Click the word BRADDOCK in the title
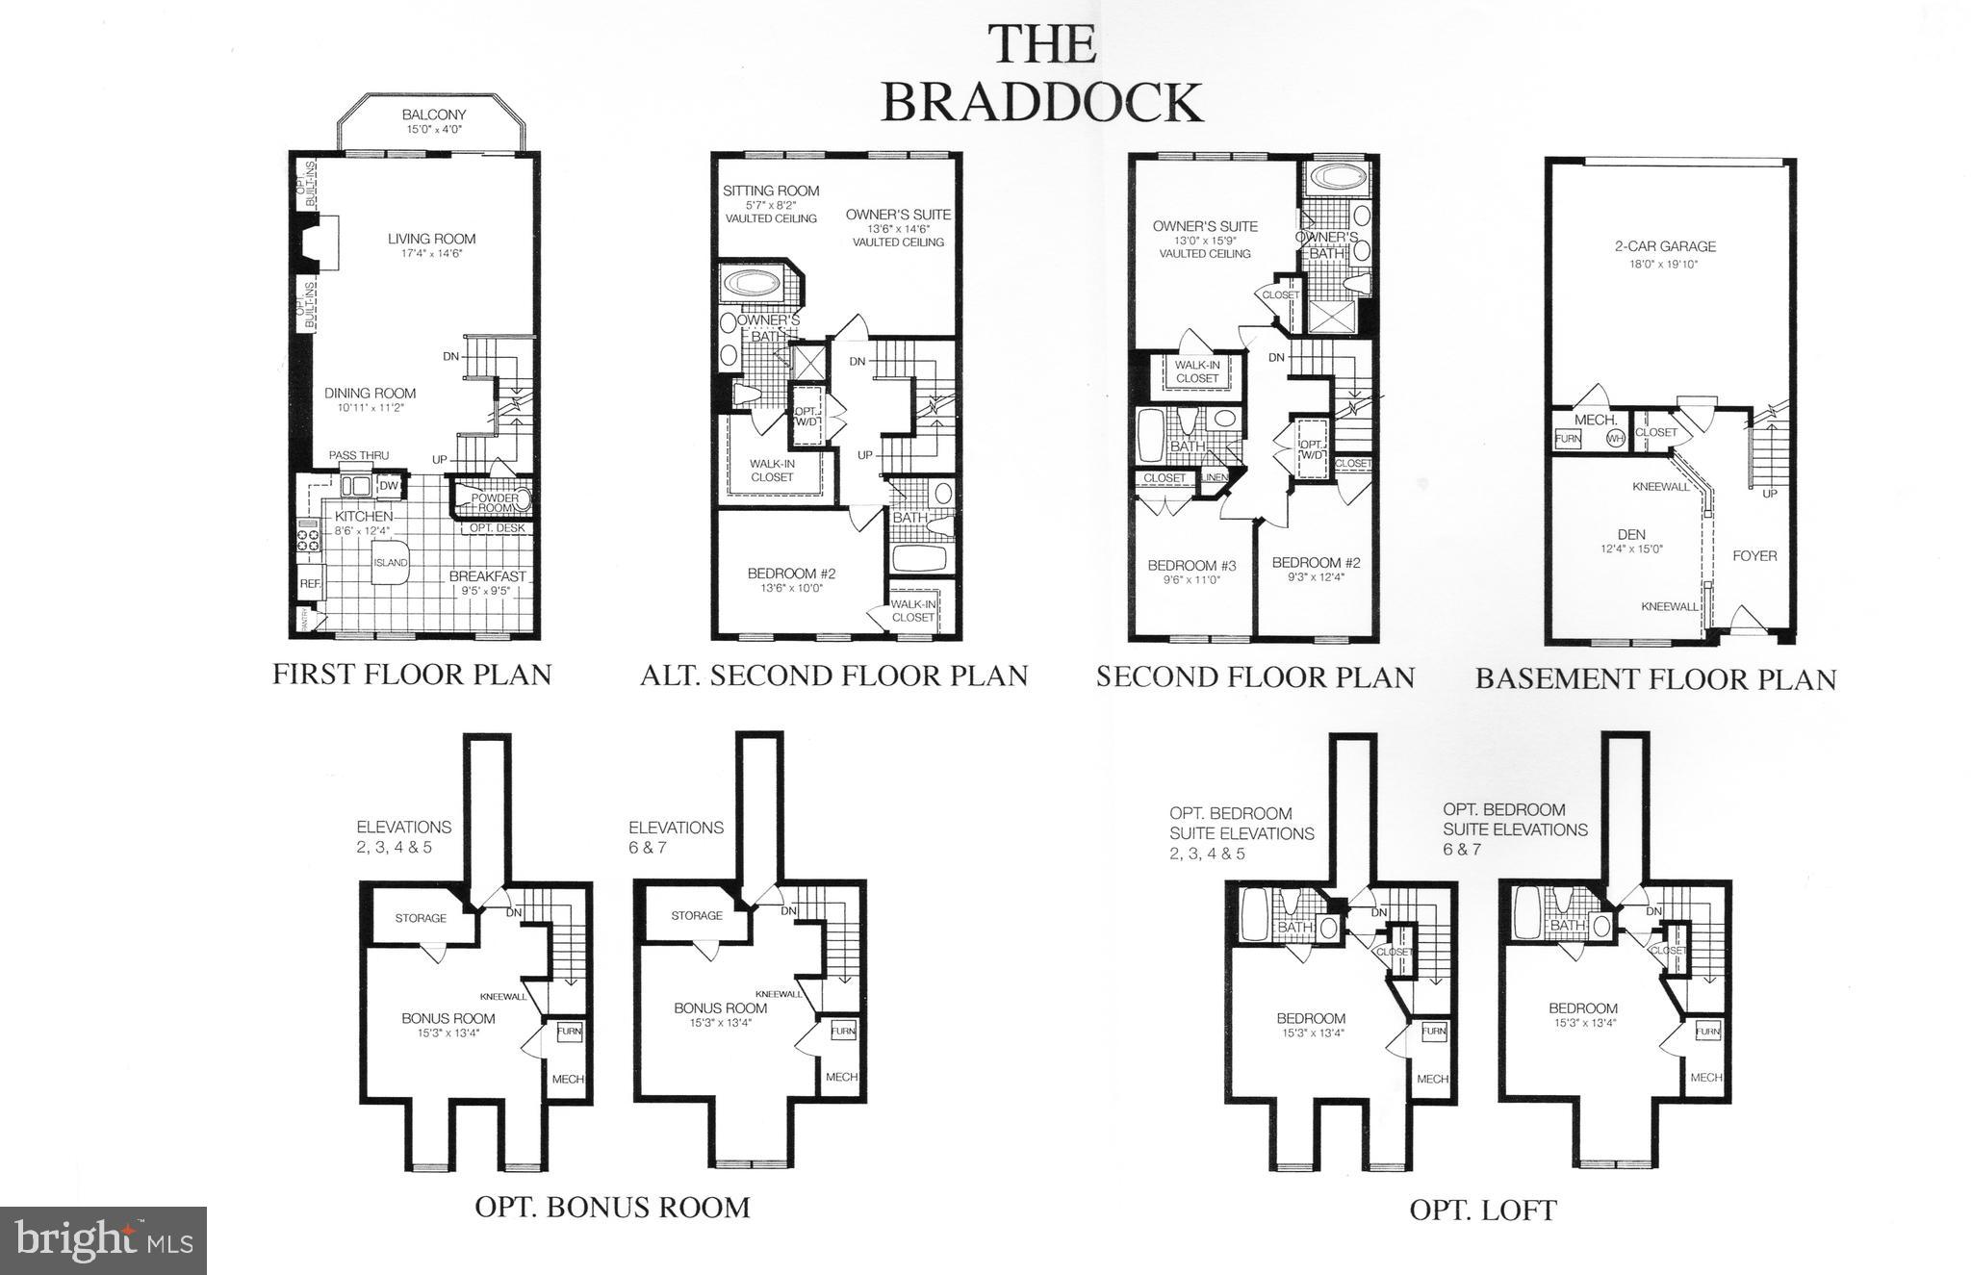coord(1042,102)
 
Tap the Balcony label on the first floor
coord(433,115)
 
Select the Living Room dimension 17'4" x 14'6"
coord(432,253)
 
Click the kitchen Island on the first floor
coord(391,563)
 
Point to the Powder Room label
coord(494,503)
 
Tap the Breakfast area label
coord(487,576)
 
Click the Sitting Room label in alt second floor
coord(771,191)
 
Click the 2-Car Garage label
coord(1665,246)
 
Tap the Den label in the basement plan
coord(1631,535)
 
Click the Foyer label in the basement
coord(1753,555)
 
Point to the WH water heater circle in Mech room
coord(1615,439)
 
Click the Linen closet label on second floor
coord(1214,478)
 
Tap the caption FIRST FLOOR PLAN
coord(412,674)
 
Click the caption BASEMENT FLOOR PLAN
coord(1655,679)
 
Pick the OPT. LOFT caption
coord(1482,1210)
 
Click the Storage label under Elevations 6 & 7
coord(697,915)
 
